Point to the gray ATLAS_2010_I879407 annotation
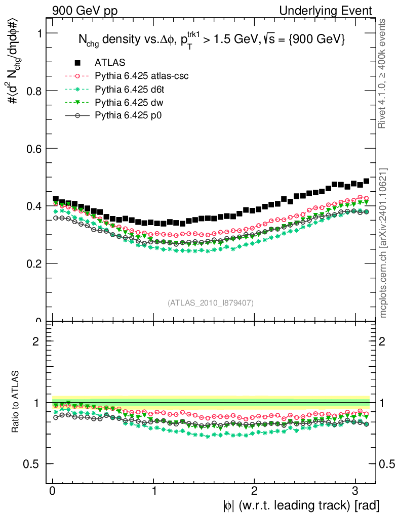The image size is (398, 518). click(211, 303)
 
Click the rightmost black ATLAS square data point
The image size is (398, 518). click(366, 181)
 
